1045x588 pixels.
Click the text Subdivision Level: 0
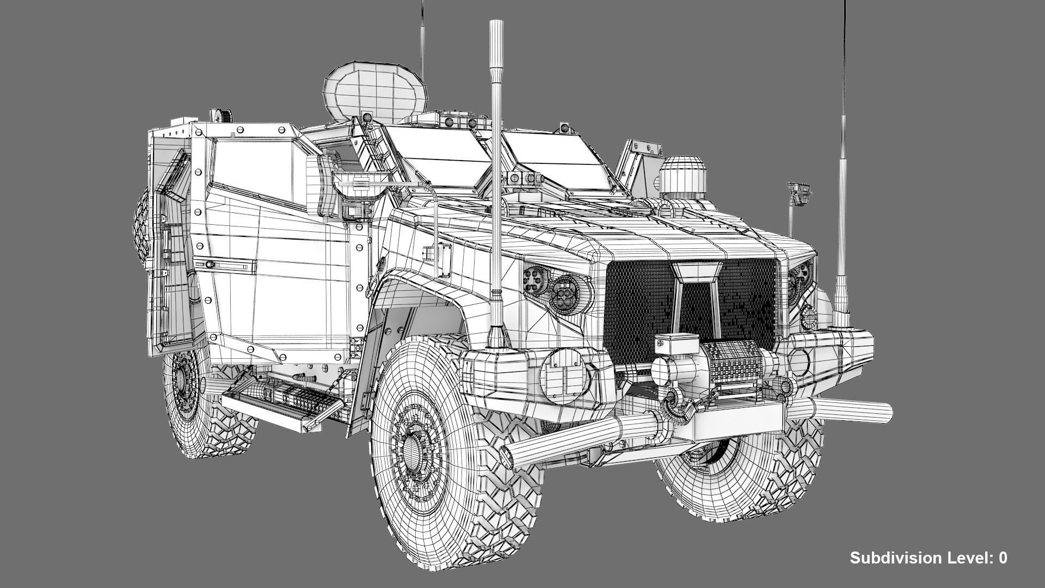pyautogui.click(x=929, y=558)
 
